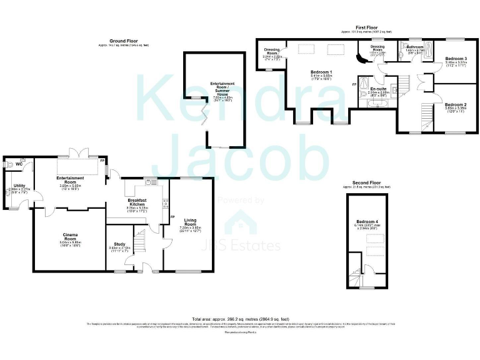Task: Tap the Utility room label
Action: click(19, 186)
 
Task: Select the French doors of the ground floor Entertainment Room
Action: click(76, 152)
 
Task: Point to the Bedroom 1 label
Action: click(321, 72)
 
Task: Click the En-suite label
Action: click(377, 89)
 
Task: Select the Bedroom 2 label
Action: click(456, 104)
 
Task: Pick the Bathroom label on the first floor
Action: click(415, 47)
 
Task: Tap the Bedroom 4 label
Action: click(367, 222)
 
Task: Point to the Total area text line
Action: click(240, 318)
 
